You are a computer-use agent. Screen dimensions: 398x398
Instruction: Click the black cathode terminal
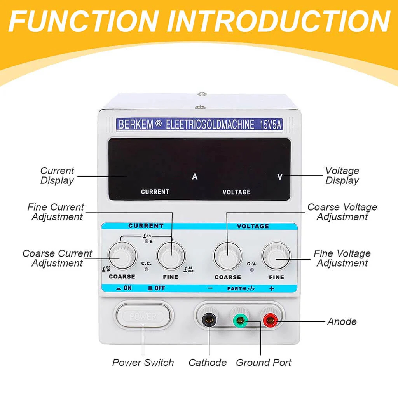(x=209, y=320)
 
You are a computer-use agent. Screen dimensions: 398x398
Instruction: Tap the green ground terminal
(x=240, y=320)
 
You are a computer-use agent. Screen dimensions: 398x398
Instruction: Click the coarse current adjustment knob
(x=122, y=255)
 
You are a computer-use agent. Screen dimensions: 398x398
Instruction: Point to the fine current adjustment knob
(x=171, y=255)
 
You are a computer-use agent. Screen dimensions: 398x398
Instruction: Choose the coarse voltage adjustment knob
(x=228, y=256)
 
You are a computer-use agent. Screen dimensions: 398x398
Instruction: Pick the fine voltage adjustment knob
(x=276, y=256)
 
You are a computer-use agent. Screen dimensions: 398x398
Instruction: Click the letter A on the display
(x=195, y=177)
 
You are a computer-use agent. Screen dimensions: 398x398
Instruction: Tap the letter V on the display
(x=280, y=177)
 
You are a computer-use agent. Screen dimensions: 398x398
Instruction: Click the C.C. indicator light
(x=147, y=270)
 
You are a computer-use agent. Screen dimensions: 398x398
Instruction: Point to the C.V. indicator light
(x=252, y=270)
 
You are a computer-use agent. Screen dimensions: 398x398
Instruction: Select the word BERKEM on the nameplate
(x=136, y=125)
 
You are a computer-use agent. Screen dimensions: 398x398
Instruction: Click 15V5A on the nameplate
(x=271, y=125)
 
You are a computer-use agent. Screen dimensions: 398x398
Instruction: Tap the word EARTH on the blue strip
(x=236, y=289)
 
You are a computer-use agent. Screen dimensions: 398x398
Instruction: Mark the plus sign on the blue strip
(x=272, y=289)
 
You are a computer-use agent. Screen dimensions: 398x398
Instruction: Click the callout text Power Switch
(x=143, y=363)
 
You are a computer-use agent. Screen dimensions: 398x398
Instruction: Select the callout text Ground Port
(x=264, y=363)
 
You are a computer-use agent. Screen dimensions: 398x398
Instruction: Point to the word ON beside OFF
(x=127, y=288)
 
